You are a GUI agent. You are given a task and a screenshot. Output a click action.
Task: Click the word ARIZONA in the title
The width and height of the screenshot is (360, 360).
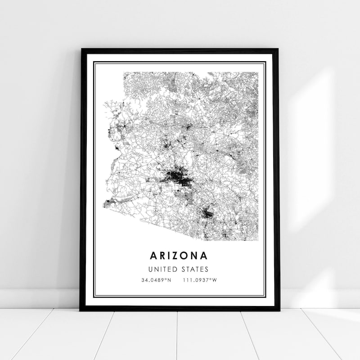pyautogui.click(x=179, y=256)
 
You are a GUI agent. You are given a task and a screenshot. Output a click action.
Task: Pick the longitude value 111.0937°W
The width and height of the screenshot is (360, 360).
pyautogui.click(x=200, y=280)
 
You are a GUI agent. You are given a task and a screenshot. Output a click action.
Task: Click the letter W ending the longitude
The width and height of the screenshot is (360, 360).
pyautogui.click(x=215, y=280)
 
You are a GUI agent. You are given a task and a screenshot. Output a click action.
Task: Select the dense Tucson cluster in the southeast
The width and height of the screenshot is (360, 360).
pyautogui.click(x=207, y=214)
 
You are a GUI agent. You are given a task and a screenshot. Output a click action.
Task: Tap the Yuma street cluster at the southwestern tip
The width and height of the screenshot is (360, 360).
pyautogui.click(x=108, y=203)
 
